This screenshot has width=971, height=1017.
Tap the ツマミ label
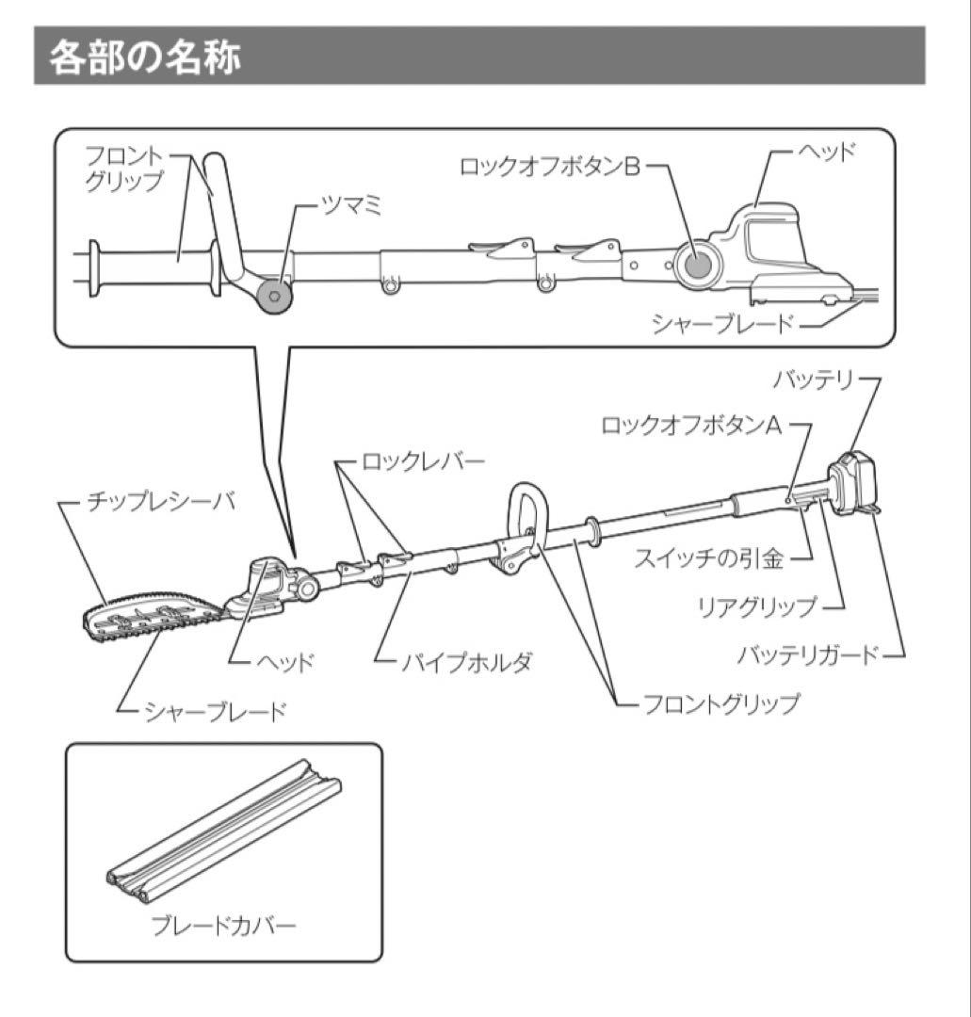(351, 207)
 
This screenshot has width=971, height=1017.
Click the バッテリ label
(813, 379)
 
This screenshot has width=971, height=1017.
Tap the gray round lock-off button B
(697, 266)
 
